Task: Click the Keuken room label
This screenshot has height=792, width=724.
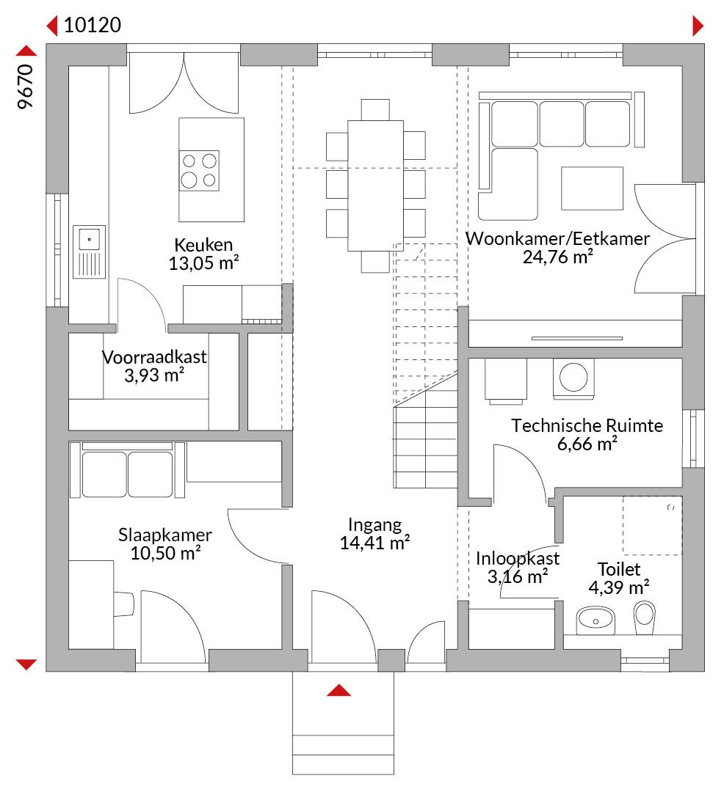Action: click(x=203, y=245)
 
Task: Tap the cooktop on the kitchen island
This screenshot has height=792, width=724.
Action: click(x=199, y=170)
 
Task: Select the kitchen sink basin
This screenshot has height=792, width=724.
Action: click(x=90, y=239)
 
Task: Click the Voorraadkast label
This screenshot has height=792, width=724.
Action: click(x=154, y=357)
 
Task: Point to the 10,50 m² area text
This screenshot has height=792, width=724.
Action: click(x=165, y=553)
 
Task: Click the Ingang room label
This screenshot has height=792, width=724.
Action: click(x=374, y=525)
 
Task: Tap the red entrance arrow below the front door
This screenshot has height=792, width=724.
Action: click(x=339, y=690)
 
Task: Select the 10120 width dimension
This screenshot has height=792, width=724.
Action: click(x=93, y=25)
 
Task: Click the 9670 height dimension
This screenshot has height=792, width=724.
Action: click(x=25, y=87)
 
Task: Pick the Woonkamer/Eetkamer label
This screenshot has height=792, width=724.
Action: click(x=557, y=238)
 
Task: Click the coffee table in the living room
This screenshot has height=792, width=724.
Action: click(x=592, y=188)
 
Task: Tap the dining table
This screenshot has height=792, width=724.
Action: click(x=376, y=186)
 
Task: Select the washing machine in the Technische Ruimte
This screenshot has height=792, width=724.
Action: click(x=573, y=378)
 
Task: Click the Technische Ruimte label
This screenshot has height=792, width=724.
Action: click(x=587, y=425)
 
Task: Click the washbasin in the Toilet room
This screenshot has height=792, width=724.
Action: click(x=596, y=620)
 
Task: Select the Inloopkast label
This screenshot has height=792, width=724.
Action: click(x=518, y=558)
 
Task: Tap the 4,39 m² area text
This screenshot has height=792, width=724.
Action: click(x=619, y=587)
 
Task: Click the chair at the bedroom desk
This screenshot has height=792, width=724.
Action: click(x=124, y=604)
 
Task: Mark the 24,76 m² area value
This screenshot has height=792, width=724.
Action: click(x=557, y=257)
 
